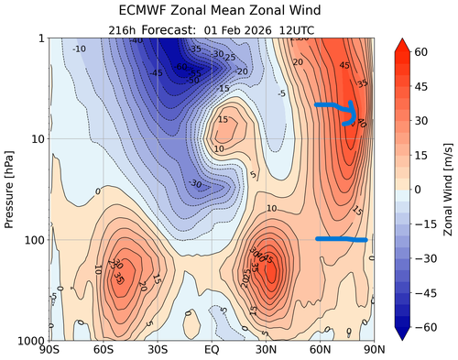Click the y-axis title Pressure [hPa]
12,189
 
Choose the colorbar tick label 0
423,189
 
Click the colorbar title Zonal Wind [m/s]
448,189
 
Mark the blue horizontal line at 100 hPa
341,239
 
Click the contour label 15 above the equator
223,120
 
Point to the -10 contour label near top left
80,49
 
